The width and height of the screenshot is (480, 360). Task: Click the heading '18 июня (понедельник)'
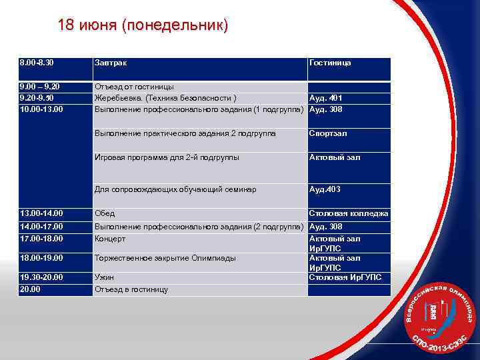coord(143,26)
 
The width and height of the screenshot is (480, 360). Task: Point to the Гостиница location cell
coord(330,63)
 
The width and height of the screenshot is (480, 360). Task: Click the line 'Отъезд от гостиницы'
coord(134,87)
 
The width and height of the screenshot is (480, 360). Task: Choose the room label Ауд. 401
coord(327,98)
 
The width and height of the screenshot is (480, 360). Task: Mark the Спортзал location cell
coord(328,133)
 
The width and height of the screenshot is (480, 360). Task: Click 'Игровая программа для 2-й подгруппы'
coord(167,157)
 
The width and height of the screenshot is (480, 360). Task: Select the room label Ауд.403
coord(325,189)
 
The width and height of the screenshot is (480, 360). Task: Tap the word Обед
coord(105,213)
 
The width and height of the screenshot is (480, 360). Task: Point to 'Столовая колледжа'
coord(349,213)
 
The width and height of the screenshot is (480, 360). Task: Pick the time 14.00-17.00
coord(41,227)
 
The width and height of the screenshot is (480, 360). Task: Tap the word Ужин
coord(105,277)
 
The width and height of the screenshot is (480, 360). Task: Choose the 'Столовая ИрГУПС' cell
coord(345,277)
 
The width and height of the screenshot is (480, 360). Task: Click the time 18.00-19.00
coord(41,258)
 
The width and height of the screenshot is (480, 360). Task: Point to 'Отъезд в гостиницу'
coord(131,289)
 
